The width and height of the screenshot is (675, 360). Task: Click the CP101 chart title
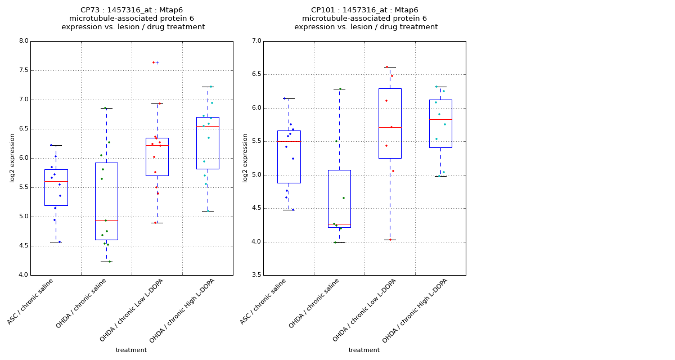[366, 19]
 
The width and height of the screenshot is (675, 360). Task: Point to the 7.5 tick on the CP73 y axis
[24, 70]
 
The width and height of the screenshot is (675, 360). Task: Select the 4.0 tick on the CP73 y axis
[24, 275]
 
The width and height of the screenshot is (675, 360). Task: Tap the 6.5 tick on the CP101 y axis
[256, 74]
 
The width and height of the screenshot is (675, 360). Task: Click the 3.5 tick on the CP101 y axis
[256, 275]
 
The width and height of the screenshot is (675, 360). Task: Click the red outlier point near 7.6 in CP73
[154, 62]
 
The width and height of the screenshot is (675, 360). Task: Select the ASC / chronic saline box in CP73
[56, 187]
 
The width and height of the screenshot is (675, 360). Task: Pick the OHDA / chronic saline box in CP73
[106, 201]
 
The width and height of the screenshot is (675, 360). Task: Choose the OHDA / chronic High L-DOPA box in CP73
[208, 143]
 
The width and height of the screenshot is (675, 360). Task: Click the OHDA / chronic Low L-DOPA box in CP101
[390, 123]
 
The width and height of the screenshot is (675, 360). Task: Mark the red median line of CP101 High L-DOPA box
[440, 119]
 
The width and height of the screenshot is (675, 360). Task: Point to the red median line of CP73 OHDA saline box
[106, 220]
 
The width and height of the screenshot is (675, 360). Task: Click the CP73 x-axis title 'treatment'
[131, 350]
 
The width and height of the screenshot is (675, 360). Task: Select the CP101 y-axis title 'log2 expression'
[245, 157]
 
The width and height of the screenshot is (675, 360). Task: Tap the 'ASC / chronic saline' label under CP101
[263, 301]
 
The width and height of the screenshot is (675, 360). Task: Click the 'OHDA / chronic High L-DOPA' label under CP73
[182, 310]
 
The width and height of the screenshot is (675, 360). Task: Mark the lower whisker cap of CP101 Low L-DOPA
[390, 240]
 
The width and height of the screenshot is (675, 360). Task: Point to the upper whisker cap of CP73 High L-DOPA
[208, 87]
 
